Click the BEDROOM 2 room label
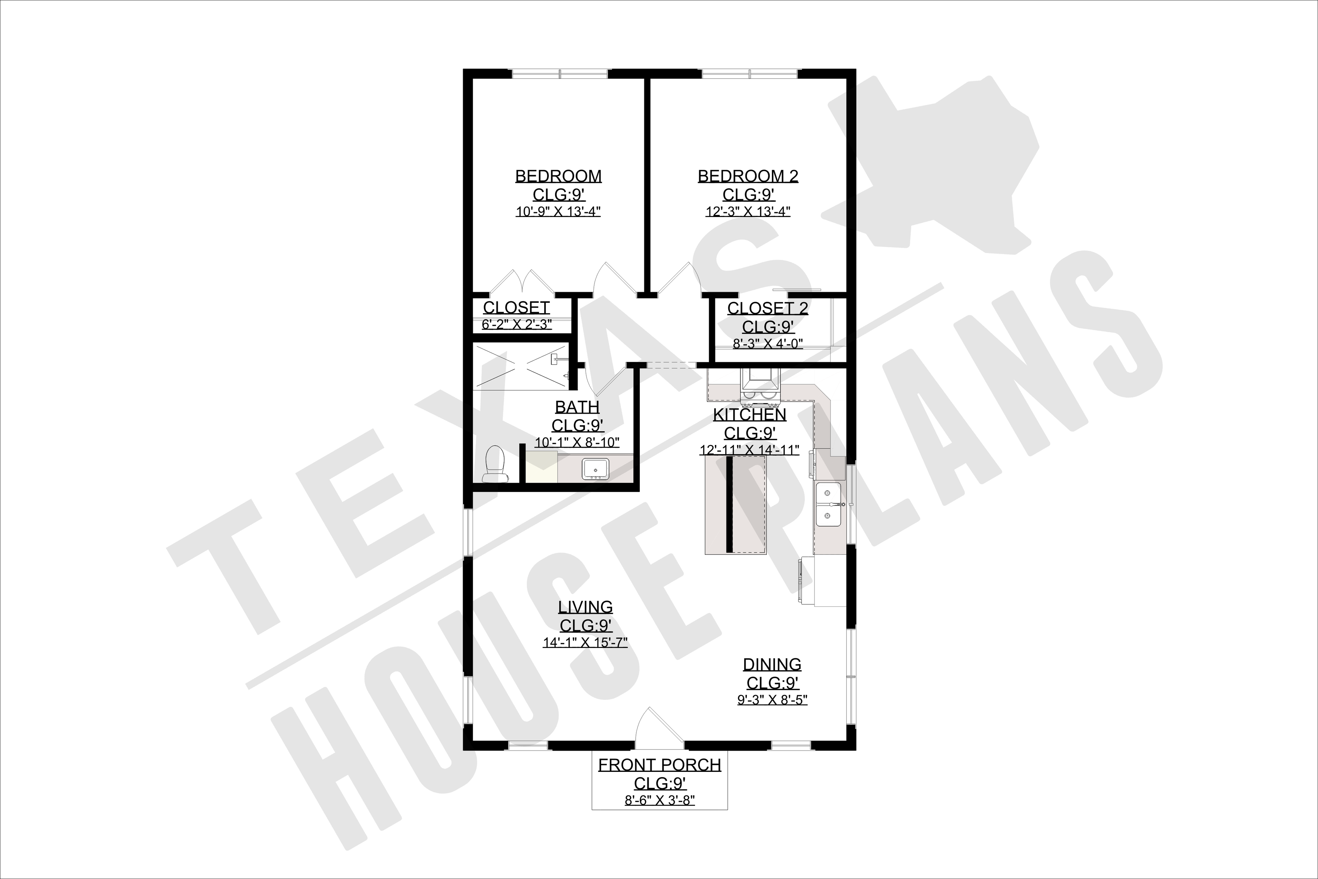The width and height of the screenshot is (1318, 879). click(748, 176)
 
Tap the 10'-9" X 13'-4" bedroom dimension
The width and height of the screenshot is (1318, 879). click(558, 212)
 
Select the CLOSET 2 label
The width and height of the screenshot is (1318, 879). click(768, 308)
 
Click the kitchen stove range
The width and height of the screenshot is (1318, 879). click(759, 387)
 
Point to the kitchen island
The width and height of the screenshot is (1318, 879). click(735, 504)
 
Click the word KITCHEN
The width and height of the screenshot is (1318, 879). click(750, 415)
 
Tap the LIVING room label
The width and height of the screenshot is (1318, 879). click(586, 607)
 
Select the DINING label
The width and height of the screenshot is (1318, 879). click(772, 665)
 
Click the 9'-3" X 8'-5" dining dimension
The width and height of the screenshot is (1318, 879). click(772, 700)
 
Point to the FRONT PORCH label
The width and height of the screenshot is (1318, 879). click(660, 765)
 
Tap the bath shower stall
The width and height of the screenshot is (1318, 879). click(521, 366)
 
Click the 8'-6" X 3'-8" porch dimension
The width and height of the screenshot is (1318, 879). click(660, 800)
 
